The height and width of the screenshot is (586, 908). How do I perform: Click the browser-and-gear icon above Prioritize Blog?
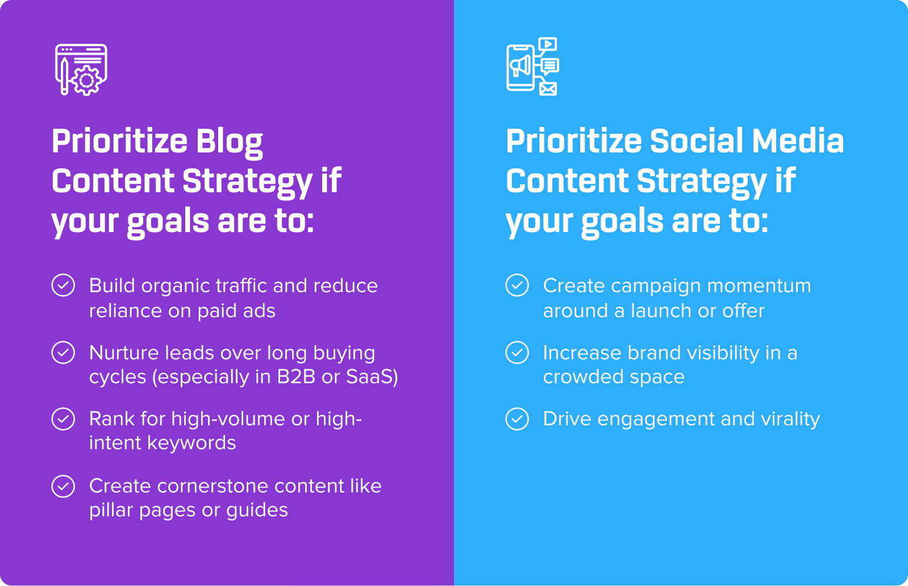click(81, 69)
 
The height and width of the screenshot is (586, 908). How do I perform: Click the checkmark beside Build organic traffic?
click(63, 285)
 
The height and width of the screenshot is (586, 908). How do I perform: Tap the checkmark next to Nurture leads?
click(63, 352)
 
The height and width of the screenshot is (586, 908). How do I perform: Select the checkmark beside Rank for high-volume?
click(63, 419)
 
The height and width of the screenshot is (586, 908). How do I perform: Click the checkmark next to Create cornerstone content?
click(63, 486)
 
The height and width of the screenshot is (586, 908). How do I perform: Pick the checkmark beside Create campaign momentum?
click(517, 285)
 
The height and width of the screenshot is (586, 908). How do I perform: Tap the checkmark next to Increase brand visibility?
click(517, 352)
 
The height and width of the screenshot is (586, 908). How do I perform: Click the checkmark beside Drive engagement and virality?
click(517, 419)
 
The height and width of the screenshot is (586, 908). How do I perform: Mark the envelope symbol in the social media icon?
click(548, 89)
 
